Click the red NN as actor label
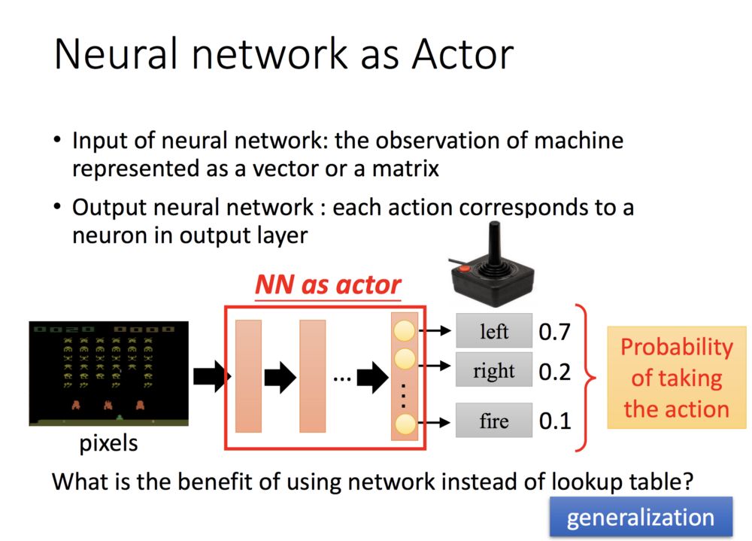click(x=328, y=284)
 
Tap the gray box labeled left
click(x=494, y=331)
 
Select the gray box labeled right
click(x=494, y=370)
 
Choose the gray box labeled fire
click(x=494, y=421)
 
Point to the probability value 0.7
click(x=555, y=332)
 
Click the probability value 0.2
click(x=555, y=371)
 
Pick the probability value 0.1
click(x=555, y=421)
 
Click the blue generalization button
click(x=640, y=517)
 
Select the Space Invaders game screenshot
click(x=108, y=373)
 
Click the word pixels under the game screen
click(x=108, y=443)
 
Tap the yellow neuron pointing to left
click(x=405, y=330)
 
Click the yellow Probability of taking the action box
click(x=676, y=378)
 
